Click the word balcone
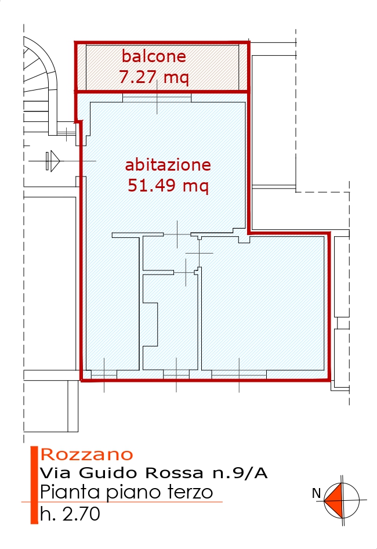(x=154, y=56)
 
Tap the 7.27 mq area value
(x=154, y=77)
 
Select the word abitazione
(x=168, y=165)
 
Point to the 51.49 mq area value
(x=168, y=185)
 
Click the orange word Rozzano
(x=87, y=454)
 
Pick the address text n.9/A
(x=240, y=473)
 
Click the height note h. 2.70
(x=70, y=514)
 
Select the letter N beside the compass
(x=317, y=493)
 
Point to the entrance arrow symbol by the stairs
(x=53, y=161)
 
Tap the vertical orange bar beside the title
(x=34, y=485)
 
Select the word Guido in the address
(x=108, y=473)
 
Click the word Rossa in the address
(x=174, y=473)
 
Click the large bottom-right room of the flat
(x=263, y=303)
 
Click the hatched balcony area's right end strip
(x=244, y=67)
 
